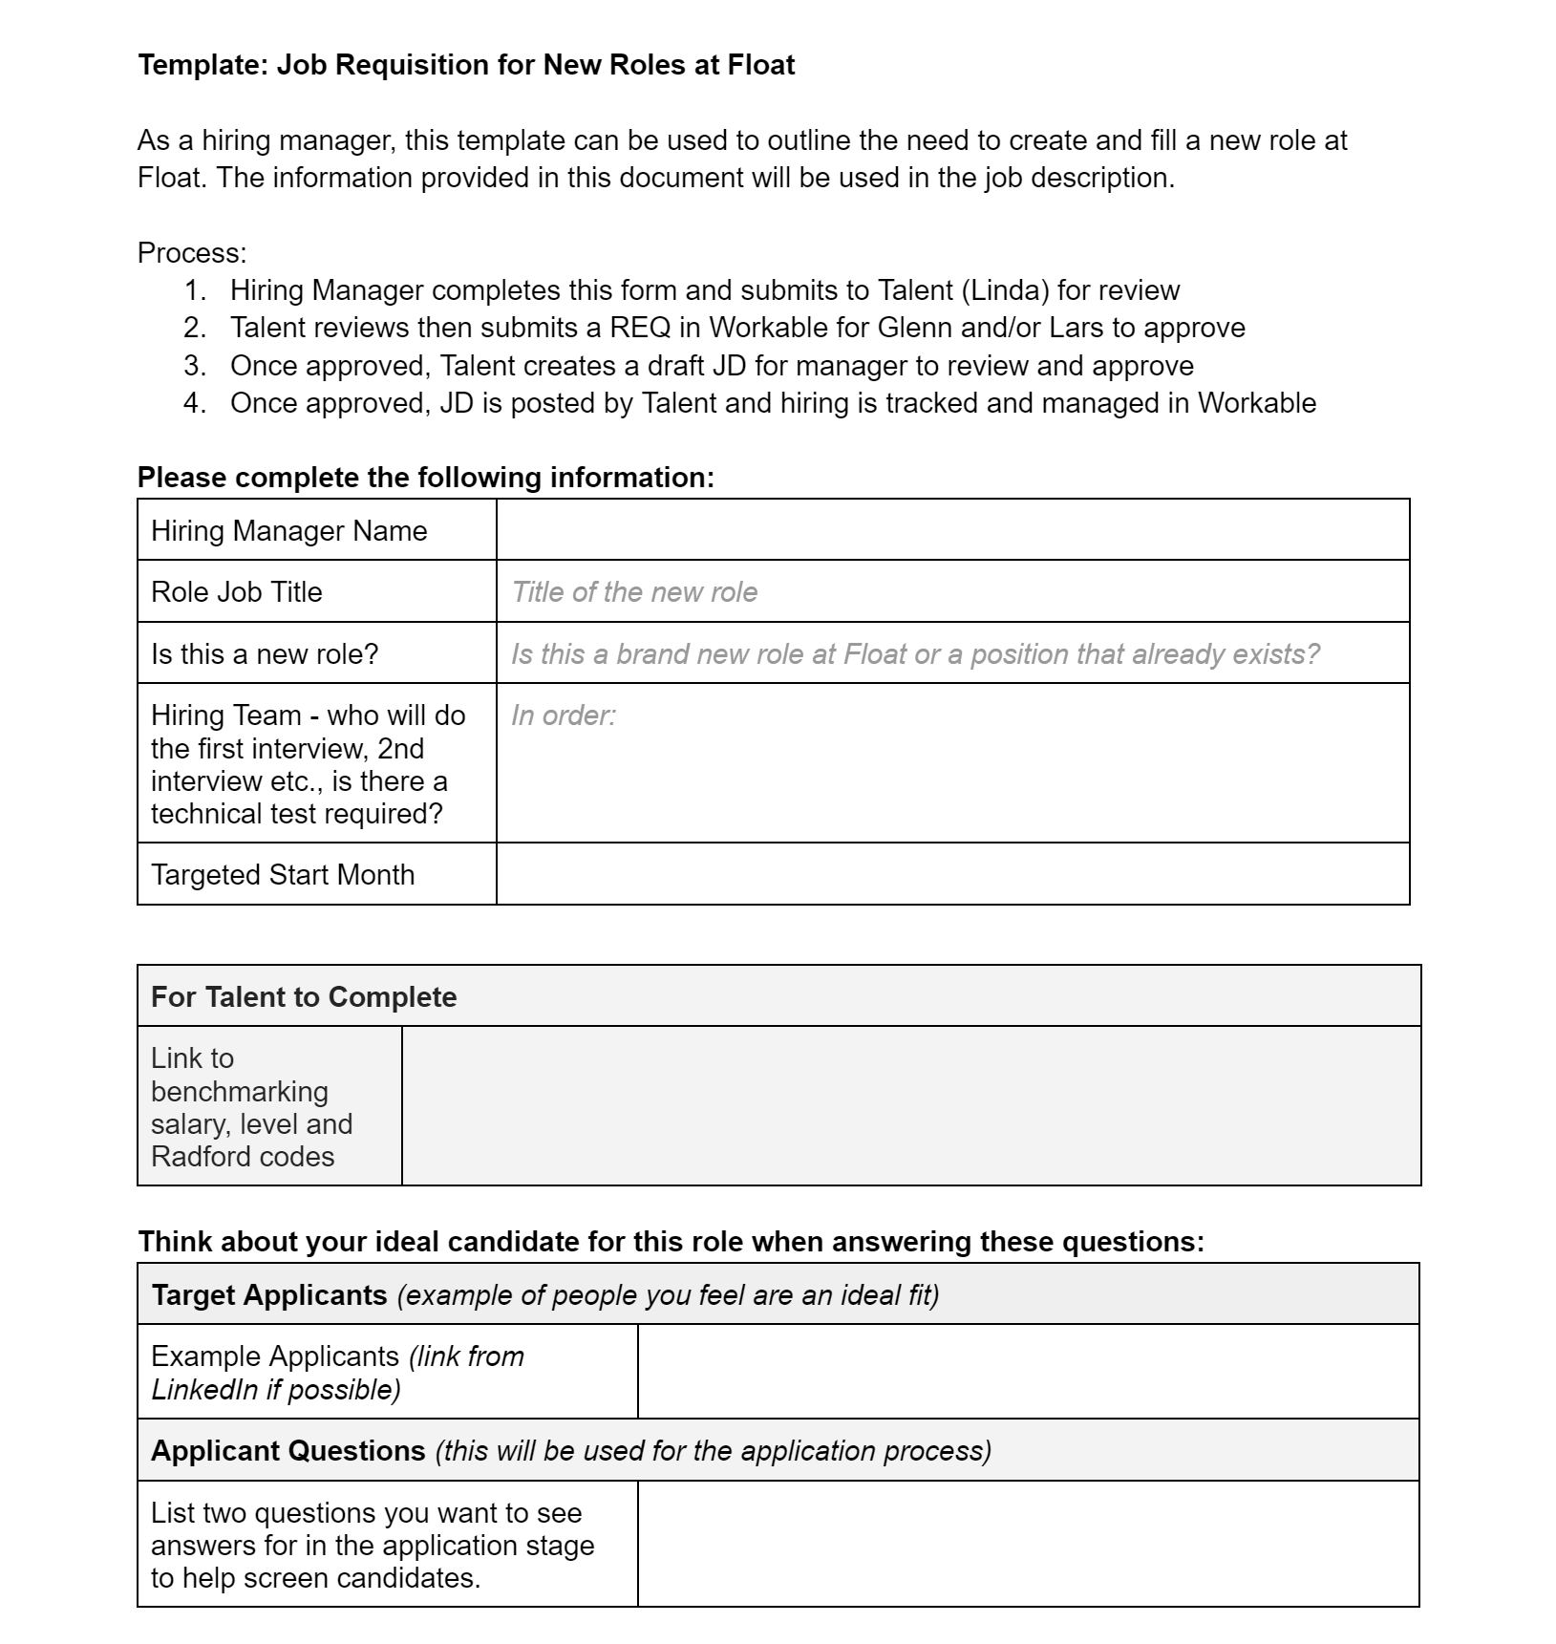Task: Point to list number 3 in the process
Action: click(x=194, y=366)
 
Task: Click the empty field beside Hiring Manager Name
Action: click(x=952, y=530)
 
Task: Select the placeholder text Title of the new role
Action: click(x=634, y=592)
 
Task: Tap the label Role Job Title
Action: click(x=237, y=592)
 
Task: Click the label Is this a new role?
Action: click(x=265, y=654)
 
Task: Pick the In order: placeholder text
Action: click(x=564, y=715)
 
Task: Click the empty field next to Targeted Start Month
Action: click(x=952, y=874)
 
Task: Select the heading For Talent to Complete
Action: click(x=304, y=997)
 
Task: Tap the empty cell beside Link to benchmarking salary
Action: click(x=910, y=1106)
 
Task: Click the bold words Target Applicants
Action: click(x=269, y=1295)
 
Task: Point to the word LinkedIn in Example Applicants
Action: click(x=204, y=1389)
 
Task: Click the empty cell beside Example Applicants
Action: click(x=1028, y=1372)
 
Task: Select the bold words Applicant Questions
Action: click(x=288, y=1451)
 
